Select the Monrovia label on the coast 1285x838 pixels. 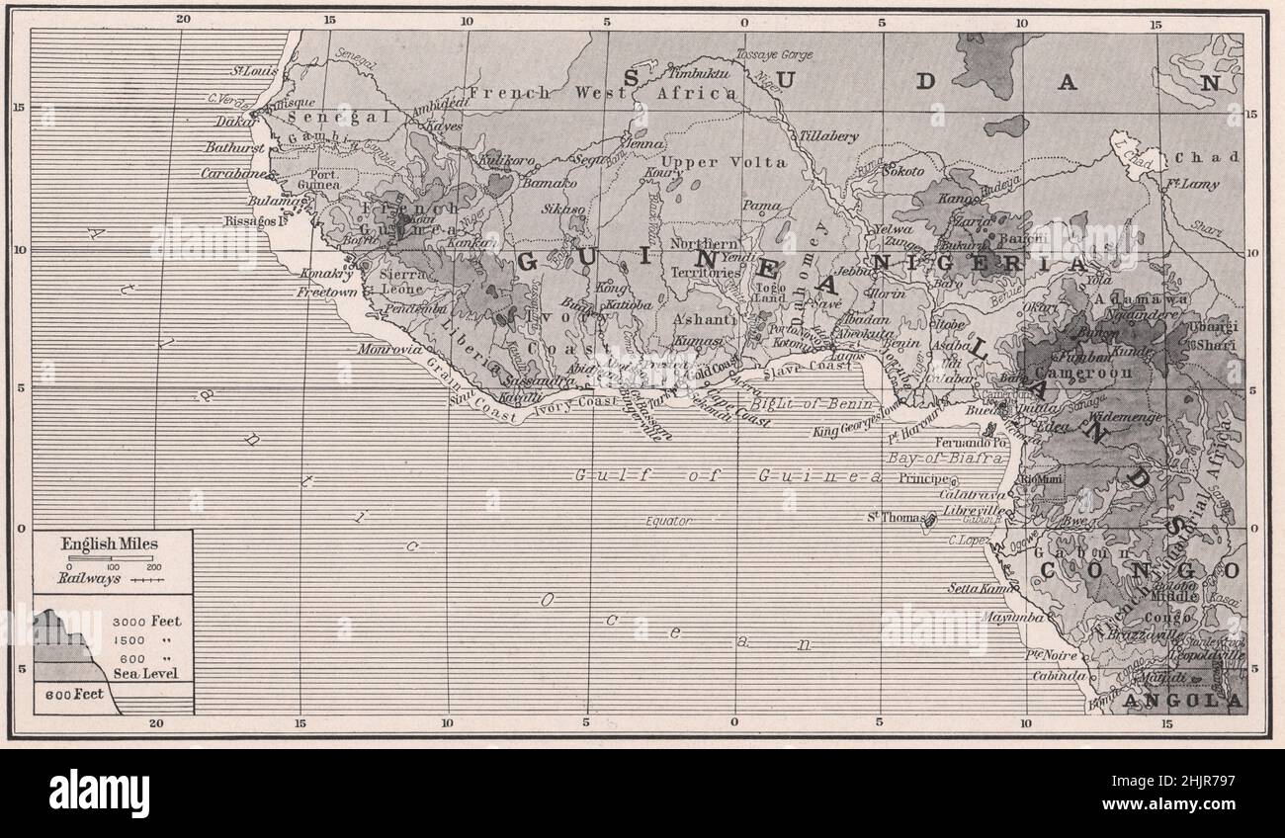(391, 350)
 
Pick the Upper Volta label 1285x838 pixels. (724, 162)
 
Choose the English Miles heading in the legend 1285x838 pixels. (110, 544)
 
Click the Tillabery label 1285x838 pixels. (829, 136)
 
